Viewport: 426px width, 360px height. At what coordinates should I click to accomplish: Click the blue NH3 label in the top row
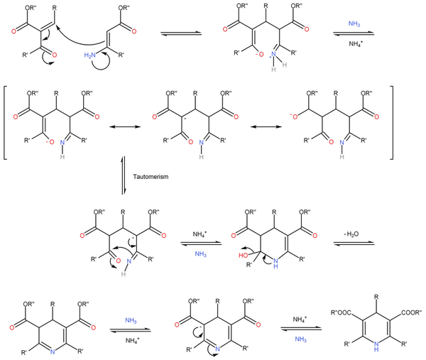(x=355, y=25)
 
